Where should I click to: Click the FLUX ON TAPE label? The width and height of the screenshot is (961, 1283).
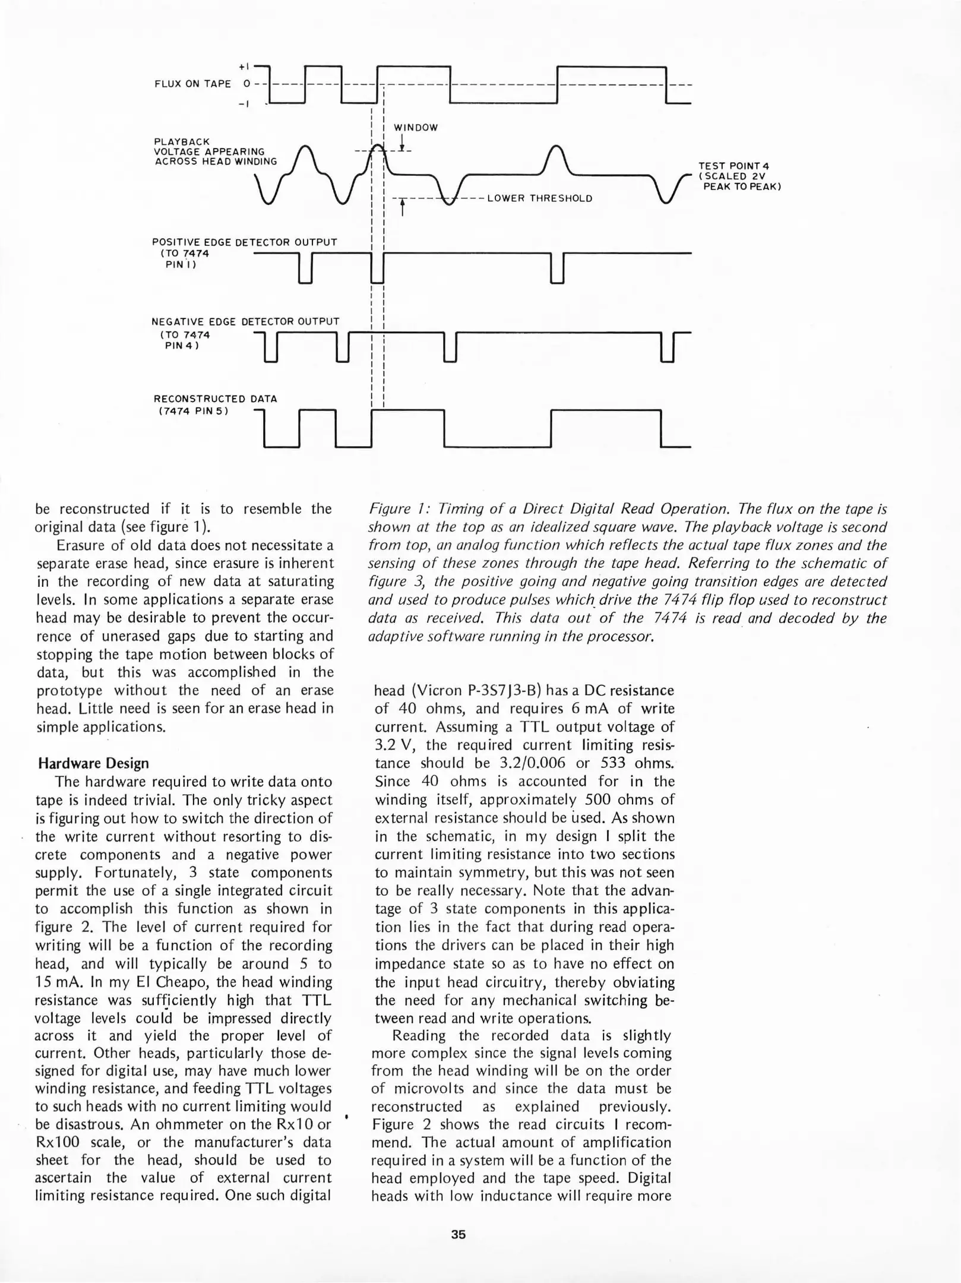[192, 84]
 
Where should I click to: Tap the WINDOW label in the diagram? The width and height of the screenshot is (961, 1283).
[416, 128]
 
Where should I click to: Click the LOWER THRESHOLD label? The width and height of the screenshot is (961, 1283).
[539, 198]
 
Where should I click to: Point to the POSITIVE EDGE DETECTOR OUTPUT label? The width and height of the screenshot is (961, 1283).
[244, 242]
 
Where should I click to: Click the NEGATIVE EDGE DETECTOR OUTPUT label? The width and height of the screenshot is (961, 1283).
[245, 321]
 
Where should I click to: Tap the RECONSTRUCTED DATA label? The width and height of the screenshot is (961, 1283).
[215, 399]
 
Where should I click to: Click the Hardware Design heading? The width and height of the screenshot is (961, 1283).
[93, 763]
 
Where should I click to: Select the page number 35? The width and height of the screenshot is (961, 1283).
[458, 1234]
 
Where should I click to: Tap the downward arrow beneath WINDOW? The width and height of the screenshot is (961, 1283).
[402, 142]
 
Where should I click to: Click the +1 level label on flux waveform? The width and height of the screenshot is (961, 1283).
[244, 67]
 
